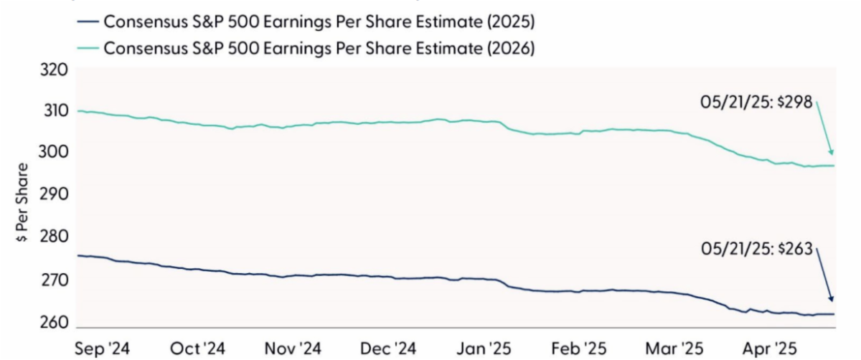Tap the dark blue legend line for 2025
point(87,22)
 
